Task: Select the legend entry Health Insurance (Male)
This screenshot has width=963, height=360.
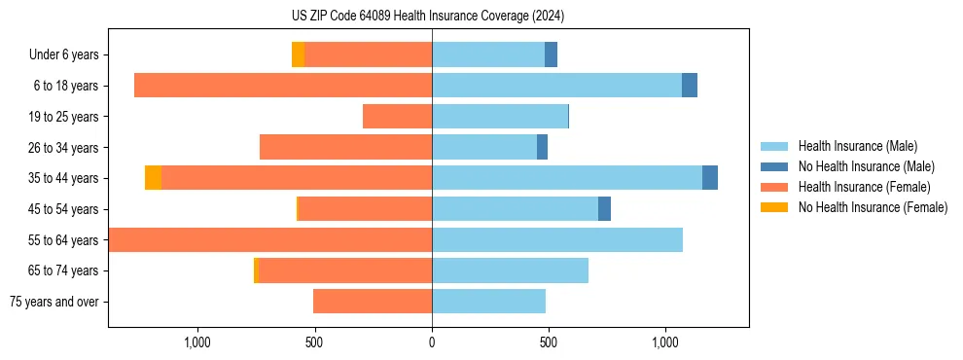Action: click(x=852, y=146)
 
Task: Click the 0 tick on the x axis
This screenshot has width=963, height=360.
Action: click(x=432, y=342)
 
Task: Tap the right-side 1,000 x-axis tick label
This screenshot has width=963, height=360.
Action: click(x=665, y=342)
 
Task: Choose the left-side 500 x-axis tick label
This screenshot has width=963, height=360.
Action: click(x=314, y=342)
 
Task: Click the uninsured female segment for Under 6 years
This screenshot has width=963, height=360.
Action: click(x=298, y=54)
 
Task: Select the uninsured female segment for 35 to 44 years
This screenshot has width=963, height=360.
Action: click(x=153, y=178)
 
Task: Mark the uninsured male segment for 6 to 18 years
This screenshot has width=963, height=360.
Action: click(x=690, y=86)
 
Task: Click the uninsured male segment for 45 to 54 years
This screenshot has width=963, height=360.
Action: click(x=604, y=209)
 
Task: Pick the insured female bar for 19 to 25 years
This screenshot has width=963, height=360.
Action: click(x=397, y=117)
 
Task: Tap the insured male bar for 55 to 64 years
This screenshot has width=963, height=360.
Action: click(x=557, y=240)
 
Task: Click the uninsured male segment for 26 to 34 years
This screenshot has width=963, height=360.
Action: click(x=542, y=147)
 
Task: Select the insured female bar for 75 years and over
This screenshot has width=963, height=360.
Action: click(x=373, y=302)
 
